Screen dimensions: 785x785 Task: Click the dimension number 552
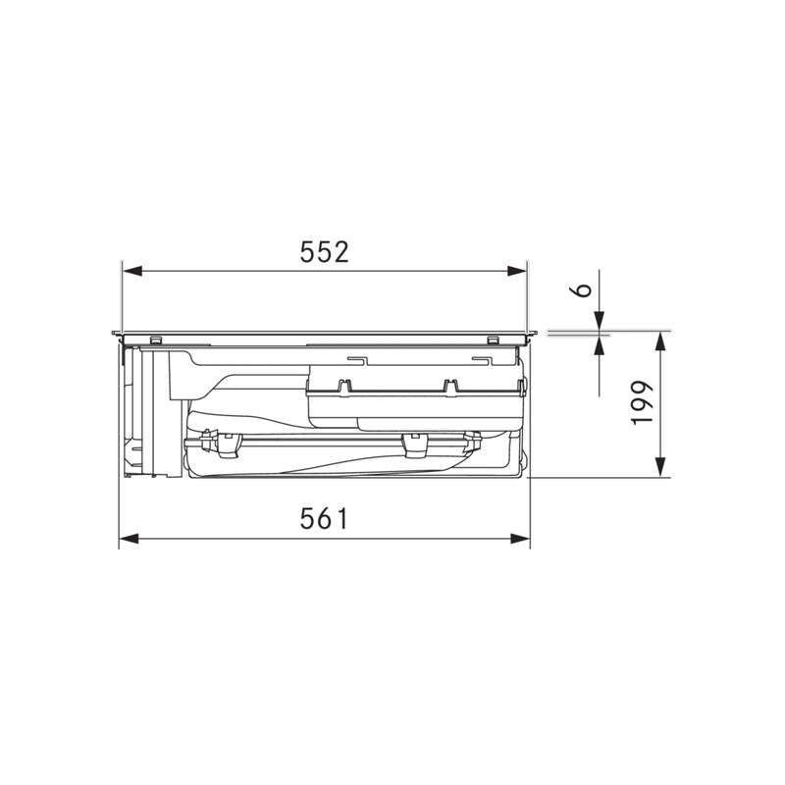coord(324,252)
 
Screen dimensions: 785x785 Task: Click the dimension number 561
coord(324,519)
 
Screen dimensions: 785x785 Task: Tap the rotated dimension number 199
coord(643,402)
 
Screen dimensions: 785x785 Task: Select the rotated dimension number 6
coord(583,289)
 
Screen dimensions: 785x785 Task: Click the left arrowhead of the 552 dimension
coord(132,271)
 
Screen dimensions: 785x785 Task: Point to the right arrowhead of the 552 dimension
coord(517,271)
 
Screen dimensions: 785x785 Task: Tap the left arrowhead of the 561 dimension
coord(129,538)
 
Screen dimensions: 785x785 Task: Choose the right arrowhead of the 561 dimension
coord(520,538)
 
